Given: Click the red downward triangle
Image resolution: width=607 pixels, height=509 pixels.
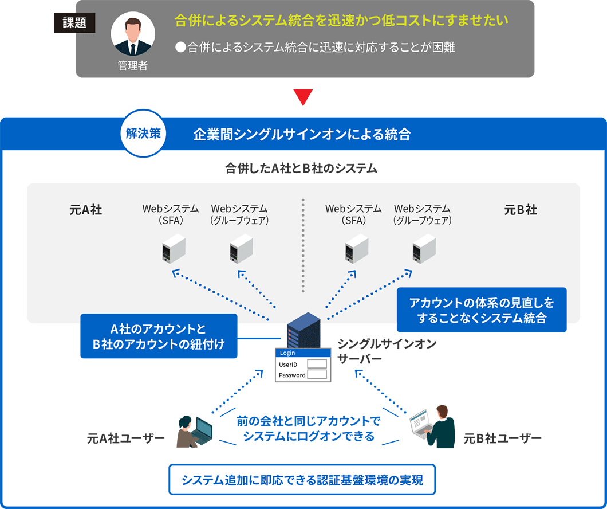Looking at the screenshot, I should [x=303, y=97].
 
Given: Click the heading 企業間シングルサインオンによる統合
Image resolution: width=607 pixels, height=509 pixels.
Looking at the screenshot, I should [x=302, y=135].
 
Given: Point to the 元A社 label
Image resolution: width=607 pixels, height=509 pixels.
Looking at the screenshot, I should [x=85, y=210].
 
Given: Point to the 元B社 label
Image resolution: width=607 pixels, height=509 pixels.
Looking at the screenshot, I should [x=521, y=210].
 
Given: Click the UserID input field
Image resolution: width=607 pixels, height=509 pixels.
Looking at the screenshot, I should [x=317, y=364].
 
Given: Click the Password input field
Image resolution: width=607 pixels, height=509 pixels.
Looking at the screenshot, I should [x=317, y=375].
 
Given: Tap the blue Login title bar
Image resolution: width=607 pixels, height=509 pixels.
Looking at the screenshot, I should [x=302, y=353].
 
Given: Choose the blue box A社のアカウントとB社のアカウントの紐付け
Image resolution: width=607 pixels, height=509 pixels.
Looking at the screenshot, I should [x=159, y=336].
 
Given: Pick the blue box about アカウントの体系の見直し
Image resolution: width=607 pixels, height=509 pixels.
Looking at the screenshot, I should [x=482, y=310].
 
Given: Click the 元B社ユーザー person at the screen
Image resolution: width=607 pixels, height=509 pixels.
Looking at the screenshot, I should [x=433, y=426].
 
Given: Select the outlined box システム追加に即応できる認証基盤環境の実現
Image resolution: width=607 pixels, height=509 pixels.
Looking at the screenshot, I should [x=302, y=480].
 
